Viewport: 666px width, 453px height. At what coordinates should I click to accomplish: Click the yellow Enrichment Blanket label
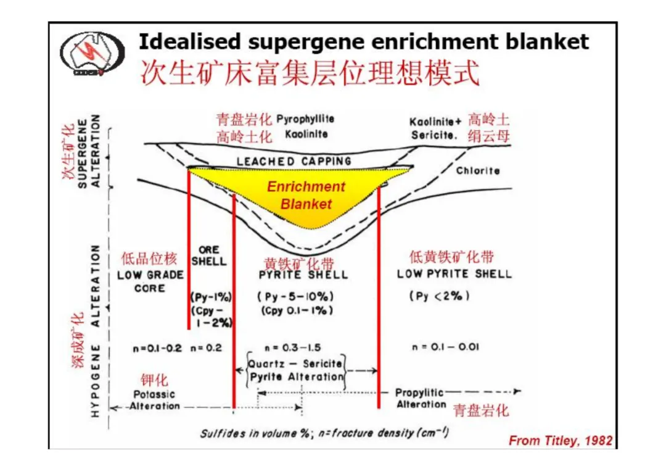tap(306, 195)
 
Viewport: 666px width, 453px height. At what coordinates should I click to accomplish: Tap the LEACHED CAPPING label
tap(294, 161)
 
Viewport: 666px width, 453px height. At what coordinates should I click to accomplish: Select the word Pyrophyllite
tap(305, 119)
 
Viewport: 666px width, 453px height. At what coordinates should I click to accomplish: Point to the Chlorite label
tap(478, 170)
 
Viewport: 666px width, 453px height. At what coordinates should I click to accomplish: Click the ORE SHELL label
tap(208, 256)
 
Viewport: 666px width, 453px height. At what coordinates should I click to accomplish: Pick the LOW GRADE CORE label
tap(150, 281)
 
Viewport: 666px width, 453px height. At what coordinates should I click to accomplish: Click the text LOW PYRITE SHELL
tap(454, 273)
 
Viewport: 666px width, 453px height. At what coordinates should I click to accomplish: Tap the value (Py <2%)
tap(439, 296)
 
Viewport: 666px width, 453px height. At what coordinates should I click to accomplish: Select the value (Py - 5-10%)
tap(295, 296)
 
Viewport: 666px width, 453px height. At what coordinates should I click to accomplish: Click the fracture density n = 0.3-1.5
tap(293, 347)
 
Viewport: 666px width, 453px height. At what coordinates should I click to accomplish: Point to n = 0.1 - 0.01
tap(445, 347)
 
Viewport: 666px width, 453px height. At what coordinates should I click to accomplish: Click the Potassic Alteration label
tap(154, 400)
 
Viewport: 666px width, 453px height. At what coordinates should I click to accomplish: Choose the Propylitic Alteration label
tap(421, 398)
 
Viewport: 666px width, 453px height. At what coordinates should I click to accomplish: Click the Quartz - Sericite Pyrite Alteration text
tap(296, 370)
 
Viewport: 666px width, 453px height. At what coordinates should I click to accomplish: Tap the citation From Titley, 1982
tap(561, 440)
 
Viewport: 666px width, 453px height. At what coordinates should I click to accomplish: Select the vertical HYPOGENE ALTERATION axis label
tap(95, 331)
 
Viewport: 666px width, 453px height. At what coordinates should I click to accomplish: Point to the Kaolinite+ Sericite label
tap(435, 128)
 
